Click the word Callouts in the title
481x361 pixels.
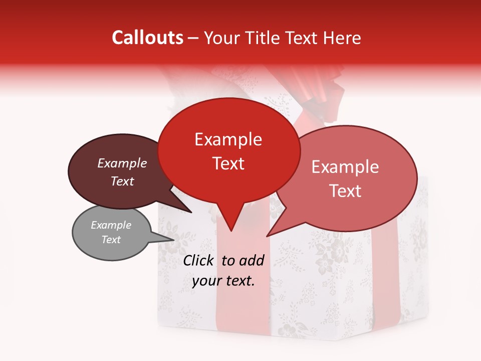point(147,38)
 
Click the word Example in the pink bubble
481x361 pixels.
point(345,167)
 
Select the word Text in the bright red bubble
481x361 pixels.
point(228,163)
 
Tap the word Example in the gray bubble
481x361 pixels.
point(111,225)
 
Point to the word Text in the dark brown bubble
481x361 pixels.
point(122,181)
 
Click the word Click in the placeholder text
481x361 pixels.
point(199,260)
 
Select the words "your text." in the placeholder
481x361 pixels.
point(223,281)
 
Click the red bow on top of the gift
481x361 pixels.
point(321,90)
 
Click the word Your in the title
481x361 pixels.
point(221,38)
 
